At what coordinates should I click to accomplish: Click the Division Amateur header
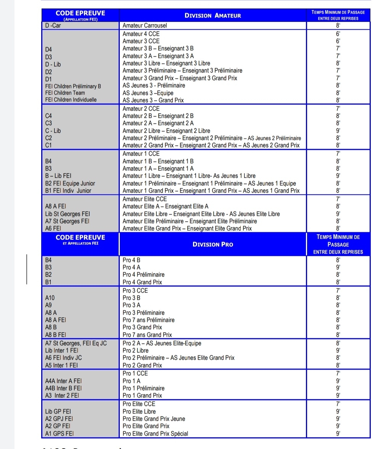(x=212, y=16)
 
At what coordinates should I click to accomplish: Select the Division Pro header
(x=212, y=244)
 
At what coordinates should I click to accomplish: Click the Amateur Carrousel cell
(x=145, y=26)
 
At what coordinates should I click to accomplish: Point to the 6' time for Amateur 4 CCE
(x=338, y=34)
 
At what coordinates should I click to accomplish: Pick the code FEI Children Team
(x=65, y=93)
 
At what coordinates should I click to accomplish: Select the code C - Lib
(x=53, y=131)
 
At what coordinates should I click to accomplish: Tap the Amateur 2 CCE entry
(x=141, y=109)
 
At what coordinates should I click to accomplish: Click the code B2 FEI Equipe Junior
(x=70, y=183)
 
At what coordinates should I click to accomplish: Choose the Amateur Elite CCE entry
(x=145, y=199)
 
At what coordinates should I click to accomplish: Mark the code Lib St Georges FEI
(x=67, y=214)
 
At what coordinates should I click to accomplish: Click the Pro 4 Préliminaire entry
(x=143, y=275)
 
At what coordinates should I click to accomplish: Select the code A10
(x=50, y=298)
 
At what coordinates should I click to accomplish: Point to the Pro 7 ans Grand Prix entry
(x=147, y=335)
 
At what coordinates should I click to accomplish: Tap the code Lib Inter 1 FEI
(x=61, y=351)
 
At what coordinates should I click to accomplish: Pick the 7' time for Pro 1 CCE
(x=338, y=373)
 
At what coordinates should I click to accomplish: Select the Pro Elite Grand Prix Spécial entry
(x=155, y=434)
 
